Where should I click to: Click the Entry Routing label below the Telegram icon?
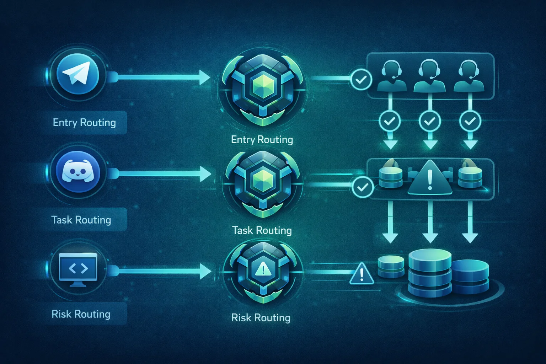tap(84, 123)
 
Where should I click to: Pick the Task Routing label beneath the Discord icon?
tap(81, 220)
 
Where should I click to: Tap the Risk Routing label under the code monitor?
tap(81, 314)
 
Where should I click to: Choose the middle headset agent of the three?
tap(430, 76)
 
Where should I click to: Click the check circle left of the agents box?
tap(361, 80)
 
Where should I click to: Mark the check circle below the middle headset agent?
tap(430, 122)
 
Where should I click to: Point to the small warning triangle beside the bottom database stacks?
tap(362, 274)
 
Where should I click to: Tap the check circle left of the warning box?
tap(362, 187)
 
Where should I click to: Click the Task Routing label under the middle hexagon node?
tap(262, 230)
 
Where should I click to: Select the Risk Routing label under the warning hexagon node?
tap(261, 318)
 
